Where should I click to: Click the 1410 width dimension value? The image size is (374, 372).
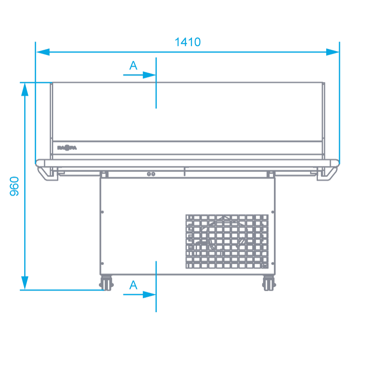click(x=188, y=42)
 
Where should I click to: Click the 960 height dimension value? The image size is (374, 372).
click(x=15, y=186)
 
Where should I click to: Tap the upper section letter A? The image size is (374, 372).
click(x=133, y=66)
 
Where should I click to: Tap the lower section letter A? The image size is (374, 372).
click(x=133, y=285)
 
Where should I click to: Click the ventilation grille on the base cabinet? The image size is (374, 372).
click(x=227, y=241)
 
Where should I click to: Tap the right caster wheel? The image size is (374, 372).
click(x=269, y=283)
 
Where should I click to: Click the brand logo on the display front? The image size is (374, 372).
click(x=66, y=147)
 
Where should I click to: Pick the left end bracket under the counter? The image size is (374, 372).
click(x=48, y=173)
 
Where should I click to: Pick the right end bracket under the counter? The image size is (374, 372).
click(x=327, y=173)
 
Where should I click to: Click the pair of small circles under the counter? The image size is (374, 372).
click(x=151, y=174)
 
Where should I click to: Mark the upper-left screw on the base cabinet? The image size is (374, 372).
click(x=102, y=212)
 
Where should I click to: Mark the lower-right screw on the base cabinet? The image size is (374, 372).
click(x=272, y=263)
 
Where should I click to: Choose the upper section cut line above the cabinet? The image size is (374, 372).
click(x=156, y=83)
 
